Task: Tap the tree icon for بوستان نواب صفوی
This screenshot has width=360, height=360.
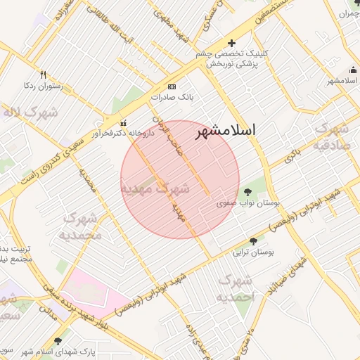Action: click(x=247, y=191)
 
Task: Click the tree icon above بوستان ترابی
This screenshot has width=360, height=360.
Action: click(x=253, y=241)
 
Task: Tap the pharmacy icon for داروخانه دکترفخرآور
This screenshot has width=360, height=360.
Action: click(x=124, y=122)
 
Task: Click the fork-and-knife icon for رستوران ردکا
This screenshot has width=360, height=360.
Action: click(x=43, y=75)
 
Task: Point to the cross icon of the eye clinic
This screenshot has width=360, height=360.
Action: click(x=231, y=44)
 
